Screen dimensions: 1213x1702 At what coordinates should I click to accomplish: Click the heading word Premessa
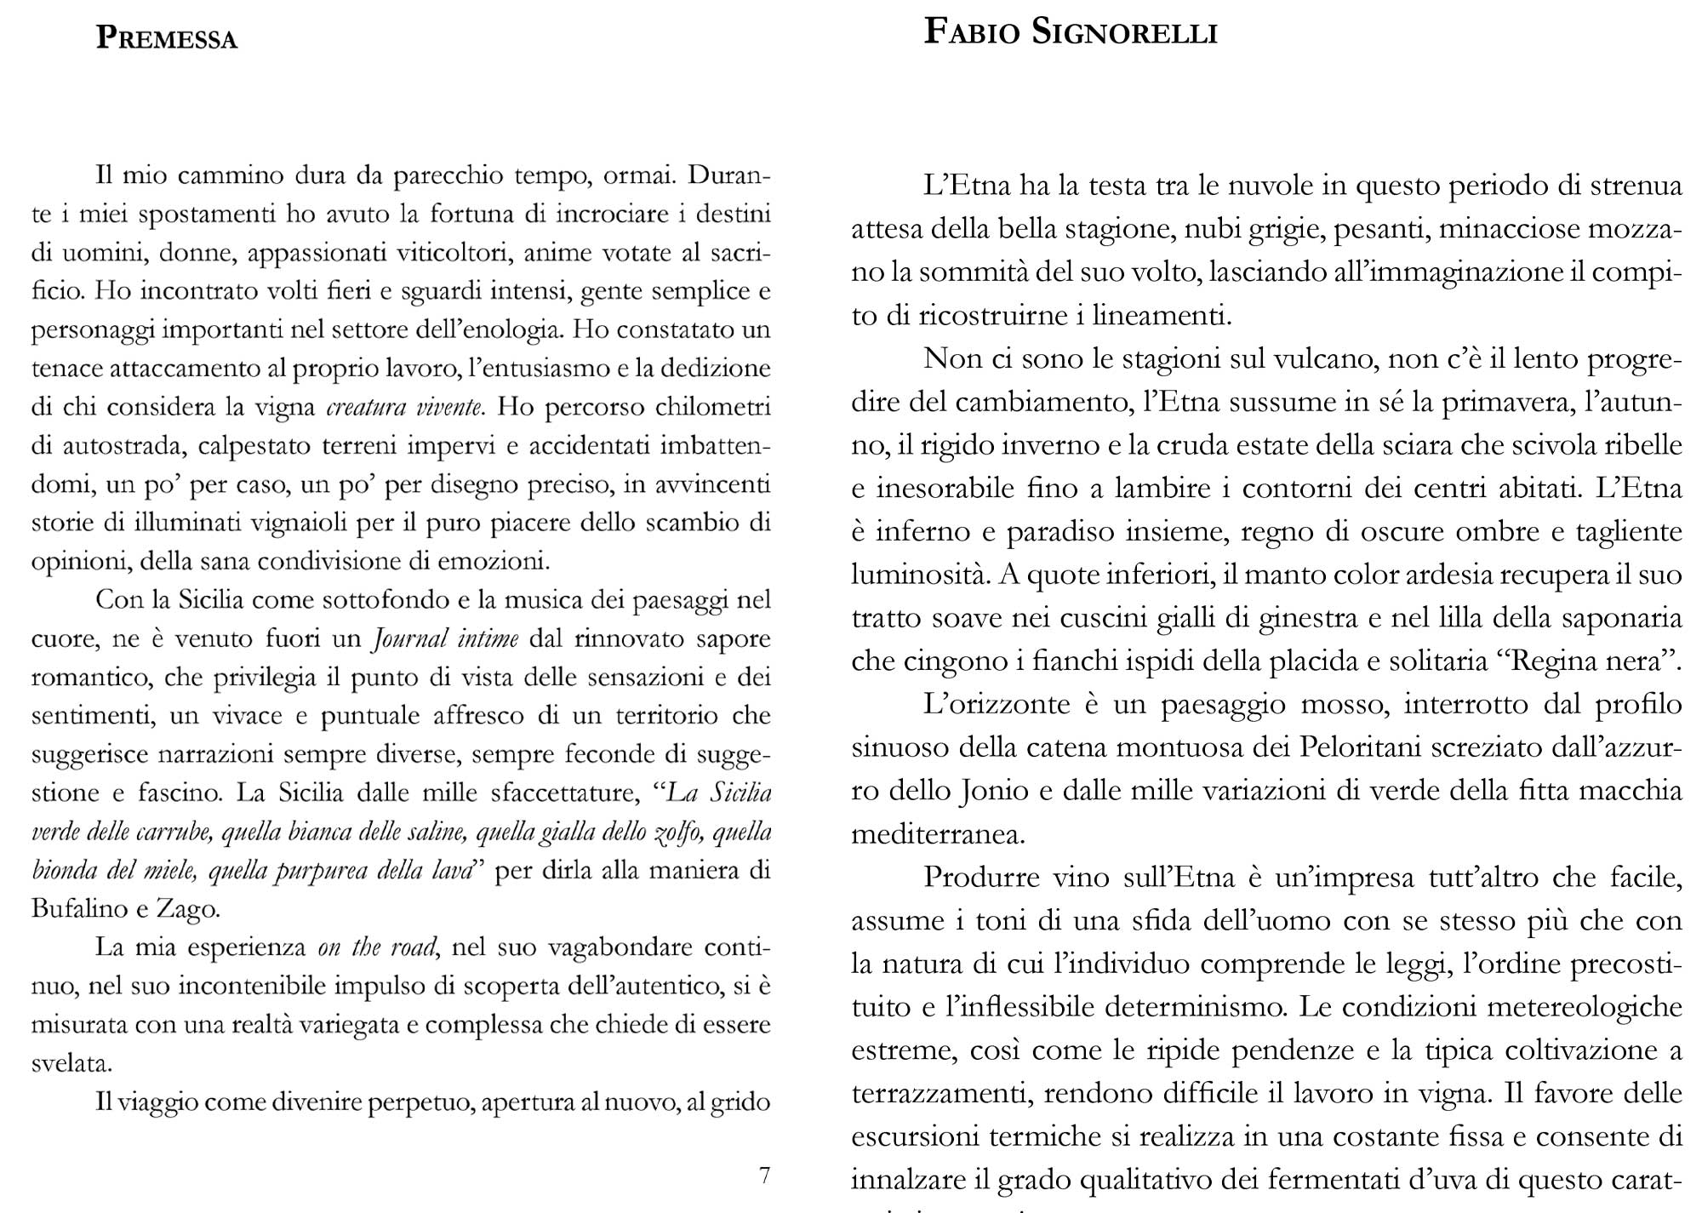click(167, 39)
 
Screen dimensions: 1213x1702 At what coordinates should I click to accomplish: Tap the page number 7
click(764, 1176)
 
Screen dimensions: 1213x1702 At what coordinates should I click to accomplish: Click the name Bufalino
click(77, 909)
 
